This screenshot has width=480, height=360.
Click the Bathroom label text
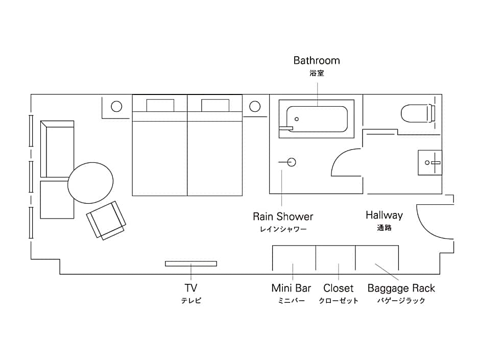pyautogui.click(x=317, y=61)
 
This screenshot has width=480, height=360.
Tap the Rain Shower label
pyautogui.click(x=283, y=217)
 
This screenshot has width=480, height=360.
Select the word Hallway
pyautogui.click(x=384, y=215)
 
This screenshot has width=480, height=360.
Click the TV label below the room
pyautogui.click(x=191, y=288)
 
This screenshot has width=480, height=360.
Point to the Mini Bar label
pyautogui.click(x=291, y=289)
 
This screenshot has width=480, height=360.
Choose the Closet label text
pyautogui.click(x=338, y=289)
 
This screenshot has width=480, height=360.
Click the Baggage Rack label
pyautogui.click(x=401, y=289)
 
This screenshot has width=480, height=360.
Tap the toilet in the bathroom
pyautogui.click(x=416, y=113)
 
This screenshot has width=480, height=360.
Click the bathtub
pyautogui.click(x=317, y=119)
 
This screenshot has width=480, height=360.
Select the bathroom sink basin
pyautogui.click(x=430, y=162)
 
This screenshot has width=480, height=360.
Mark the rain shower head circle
pyautogui.click(x=291, y=162)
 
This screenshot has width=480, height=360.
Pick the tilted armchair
pyautogui.click(x=106, y=220)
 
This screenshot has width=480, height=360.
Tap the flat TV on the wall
pyautogui.click(x=191, y=263)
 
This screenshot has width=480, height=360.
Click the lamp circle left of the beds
pyautogui.click(x=116, y=107)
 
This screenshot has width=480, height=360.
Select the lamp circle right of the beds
pyautogui.click(x=255, y=107)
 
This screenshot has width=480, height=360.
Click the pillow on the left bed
pyautogui.click(x=160, y=105)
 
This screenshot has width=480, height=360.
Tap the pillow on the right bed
pyautogui.click(x=215, y=105)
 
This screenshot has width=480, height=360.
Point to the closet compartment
pyautogui.click(x=335, y=258)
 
